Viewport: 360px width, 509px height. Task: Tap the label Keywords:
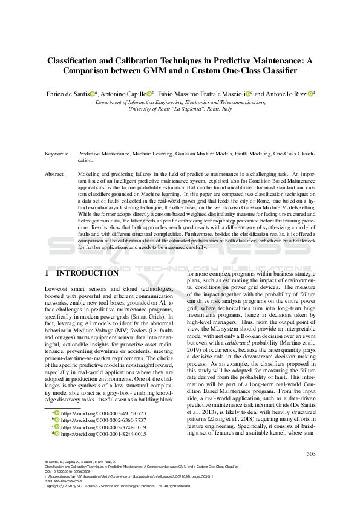56,154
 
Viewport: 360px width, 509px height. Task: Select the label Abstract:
55,173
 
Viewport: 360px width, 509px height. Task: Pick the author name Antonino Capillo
126,94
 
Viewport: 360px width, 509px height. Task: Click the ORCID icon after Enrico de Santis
93,94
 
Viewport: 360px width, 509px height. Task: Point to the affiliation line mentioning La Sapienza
180,109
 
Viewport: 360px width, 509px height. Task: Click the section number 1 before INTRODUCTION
47,273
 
